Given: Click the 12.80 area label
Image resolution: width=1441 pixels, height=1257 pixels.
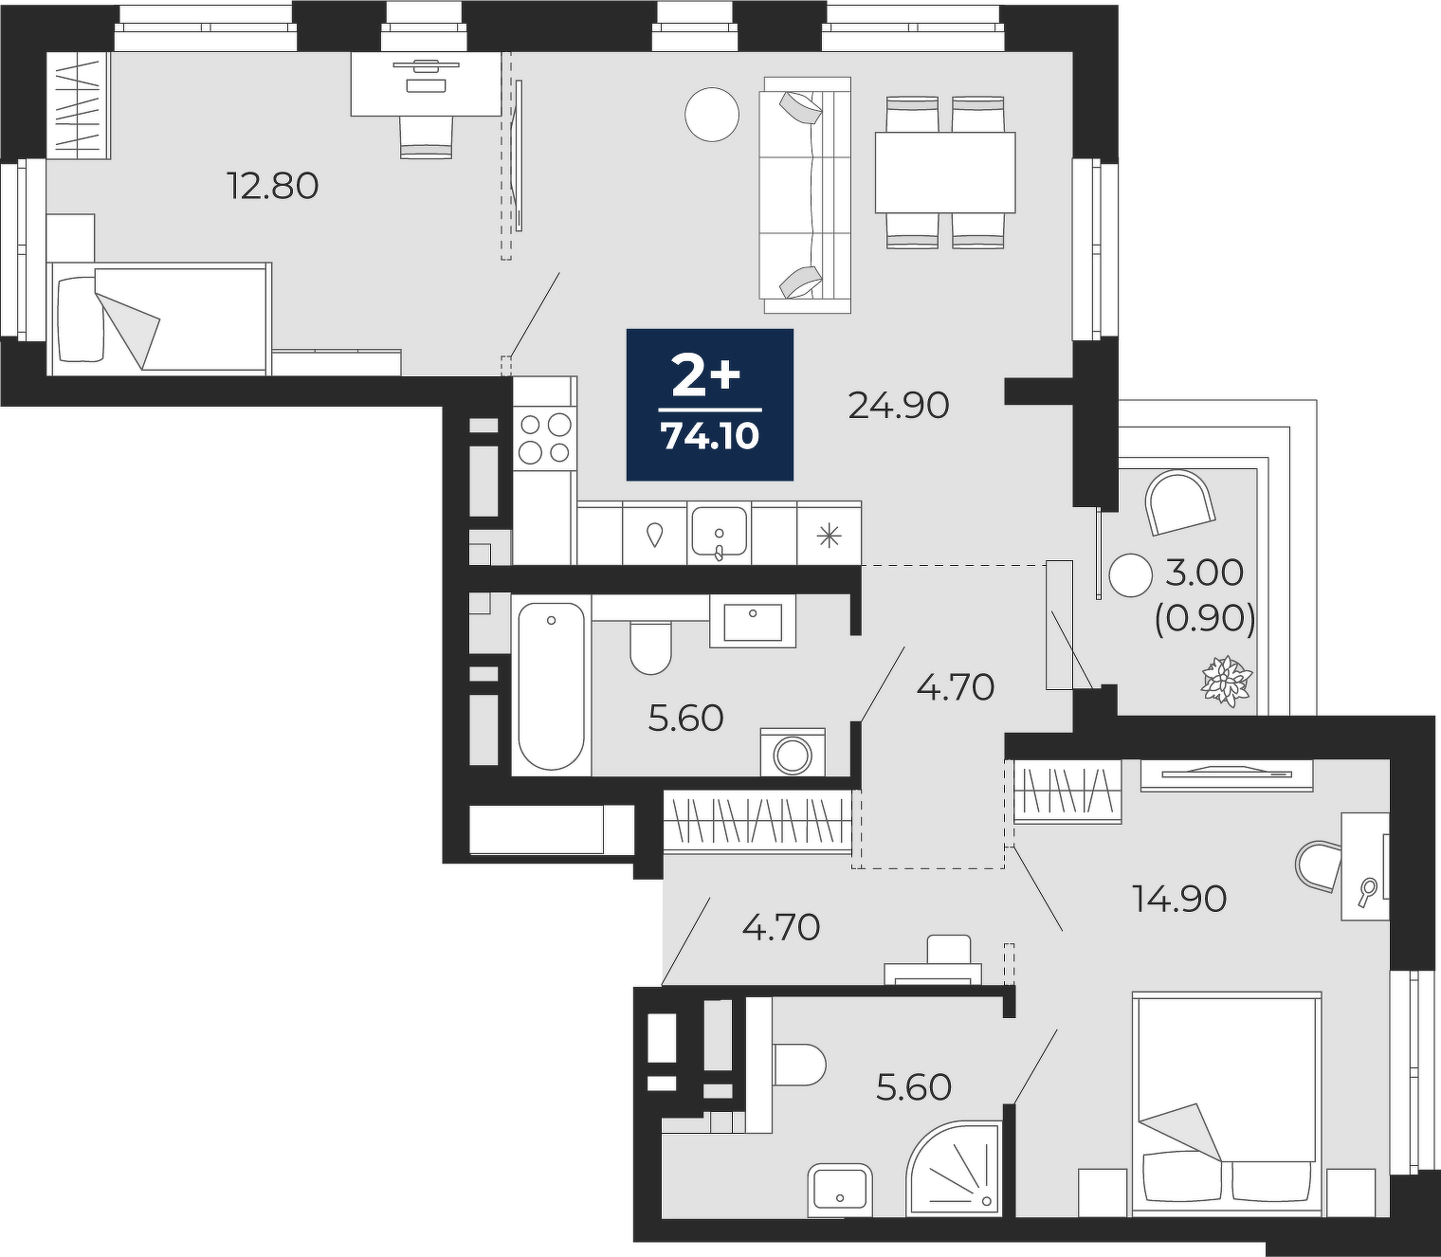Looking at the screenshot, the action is [273, 187].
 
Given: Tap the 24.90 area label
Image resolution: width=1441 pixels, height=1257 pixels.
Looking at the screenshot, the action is [899, 406].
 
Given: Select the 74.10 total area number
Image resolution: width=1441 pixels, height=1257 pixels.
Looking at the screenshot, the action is [710, 437].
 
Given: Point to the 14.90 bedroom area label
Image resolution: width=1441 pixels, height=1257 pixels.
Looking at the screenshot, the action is [1179, 899].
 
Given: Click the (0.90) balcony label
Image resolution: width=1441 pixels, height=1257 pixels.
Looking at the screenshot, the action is [1205, 620].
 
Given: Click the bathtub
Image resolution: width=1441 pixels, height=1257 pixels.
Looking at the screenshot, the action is [552, 686].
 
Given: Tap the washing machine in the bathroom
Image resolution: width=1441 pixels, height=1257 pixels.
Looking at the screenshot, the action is [793, 753].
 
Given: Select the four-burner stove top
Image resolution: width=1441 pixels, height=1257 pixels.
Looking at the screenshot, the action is [544, 438].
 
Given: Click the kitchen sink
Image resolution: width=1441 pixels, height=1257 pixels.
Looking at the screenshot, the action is [719, 532].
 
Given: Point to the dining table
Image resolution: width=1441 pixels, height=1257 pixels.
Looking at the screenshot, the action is [945, 172].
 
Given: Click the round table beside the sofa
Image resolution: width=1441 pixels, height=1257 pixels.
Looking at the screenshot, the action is [712, 114].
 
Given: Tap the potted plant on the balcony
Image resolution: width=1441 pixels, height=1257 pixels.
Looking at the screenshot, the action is [1226, 681].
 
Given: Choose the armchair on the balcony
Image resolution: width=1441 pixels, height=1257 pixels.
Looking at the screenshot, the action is [1179, 502].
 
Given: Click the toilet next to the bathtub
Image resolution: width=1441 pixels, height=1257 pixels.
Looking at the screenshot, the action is [649, 648].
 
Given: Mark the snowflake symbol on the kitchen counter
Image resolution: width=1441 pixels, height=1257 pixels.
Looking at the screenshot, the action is [829, 537].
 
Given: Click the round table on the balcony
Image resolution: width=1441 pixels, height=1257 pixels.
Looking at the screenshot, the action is [1130, 575].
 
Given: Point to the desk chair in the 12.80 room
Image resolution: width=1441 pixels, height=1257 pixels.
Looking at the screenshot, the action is [426, 137].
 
